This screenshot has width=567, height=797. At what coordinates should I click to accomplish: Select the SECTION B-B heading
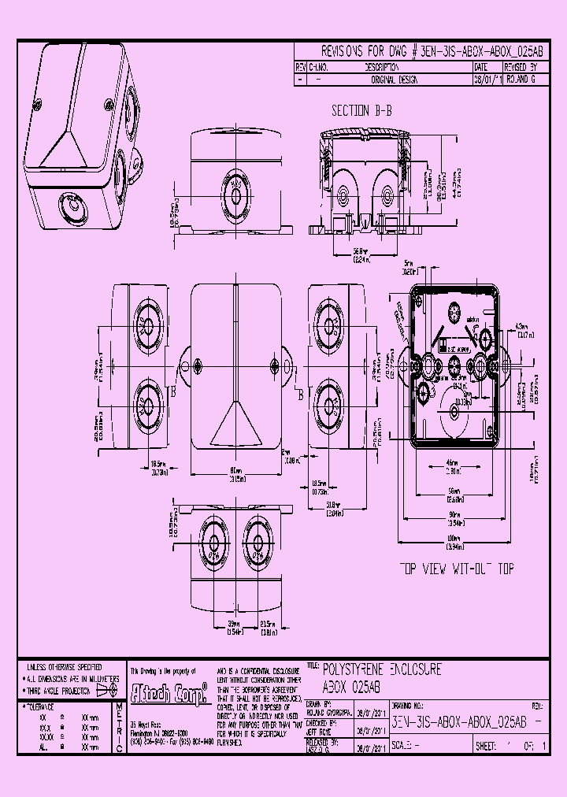point(361,111)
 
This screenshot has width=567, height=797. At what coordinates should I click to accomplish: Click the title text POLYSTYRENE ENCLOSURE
point(383,669)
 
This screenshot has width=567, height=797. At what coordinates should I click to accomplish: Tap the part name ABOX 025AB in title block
point(351,686)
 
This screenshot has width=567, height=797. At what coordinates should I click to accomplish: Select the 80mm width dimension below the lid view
point(237,474)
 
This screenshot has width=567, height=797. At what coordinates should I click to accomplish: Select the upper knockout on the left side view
point(146,326)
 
